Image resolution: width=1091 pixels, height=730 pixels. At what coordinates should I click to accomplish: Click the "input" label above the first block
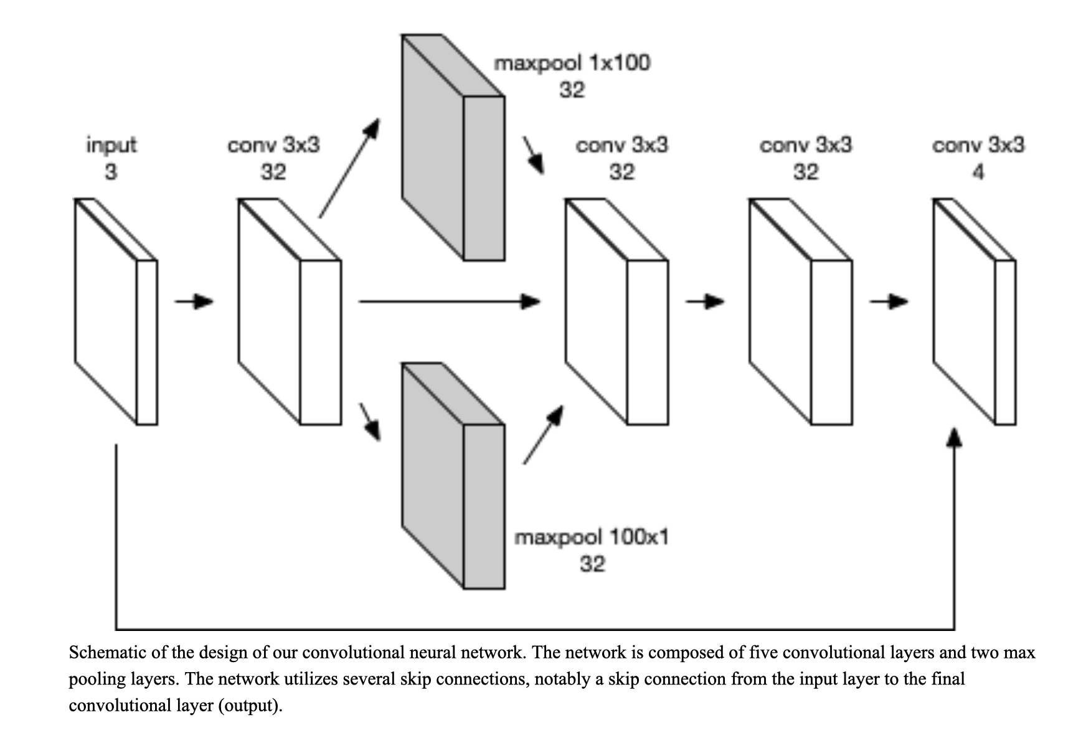pos(111,145)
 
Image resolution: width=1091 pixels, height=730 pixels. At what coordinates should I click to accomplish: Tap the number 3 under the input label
pos(111,171)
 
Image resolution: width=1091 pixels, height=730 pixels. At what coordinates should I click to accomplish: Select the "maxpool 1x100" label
pos(572,63)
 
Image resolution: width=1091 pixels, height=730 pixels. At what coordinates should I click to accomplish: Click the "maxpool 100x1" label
pos(592,537)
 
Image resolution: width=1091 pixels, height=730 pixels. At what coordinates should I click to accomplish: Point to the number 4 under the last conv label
pos(978,171)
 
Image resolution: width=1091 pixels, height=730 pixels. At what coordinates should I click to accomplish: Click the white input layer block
pos(116,311)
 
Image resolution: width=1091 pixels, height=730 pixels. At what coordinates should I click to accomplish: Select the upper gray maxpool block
pos(453,147)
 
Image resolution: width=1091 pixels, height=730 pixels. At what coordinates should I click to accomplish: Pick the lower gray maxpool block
pos(453,476)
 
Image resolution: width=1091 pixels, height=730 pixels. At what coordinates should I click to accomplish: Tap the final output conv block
pos(975,311)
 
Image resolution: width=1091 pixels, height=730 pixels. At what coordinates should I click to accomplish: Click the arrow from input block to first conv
pos(194,302)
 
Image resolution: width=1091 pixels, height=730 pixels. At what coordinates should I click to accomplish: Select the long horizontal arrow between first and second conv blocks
pos(450,302)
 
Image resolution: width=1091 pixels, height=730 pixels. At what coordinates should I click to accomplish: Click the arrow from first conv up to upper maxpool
pos(349,168)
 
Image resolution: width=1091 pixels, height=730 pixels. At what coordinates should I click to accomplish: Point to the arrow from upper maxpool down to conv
pos(534,155)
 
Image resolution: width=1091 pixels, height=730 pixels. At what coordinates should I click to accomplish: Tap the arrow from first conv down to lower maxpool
pos(370,422)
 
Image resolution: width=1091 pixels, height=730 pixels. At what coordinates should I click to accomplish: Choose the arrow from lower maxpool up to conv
pos(544,435)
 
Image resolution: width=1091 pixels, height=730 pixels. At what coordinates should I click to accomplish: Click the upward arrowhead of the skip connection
pos(954,437)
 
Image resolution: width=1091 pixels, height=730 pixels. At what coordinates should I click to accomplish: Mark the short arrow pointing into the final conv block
pos(889,302)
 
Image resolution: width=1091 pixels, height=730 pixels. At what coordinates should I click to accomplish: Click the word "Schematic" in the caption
pos(108,653)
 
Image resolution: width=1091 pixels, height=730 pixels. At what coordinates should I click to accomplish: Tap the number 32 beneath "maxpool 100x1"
pos(592,564)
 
